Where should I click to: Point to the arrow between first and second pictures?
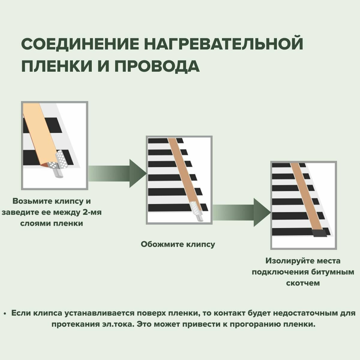pos(117,174)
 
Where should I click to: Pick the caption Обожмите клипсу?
pos(178,244)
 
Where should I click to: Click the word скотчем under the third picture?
pos(303,283)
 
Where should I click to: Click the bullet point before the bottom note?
pos(5,313)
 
